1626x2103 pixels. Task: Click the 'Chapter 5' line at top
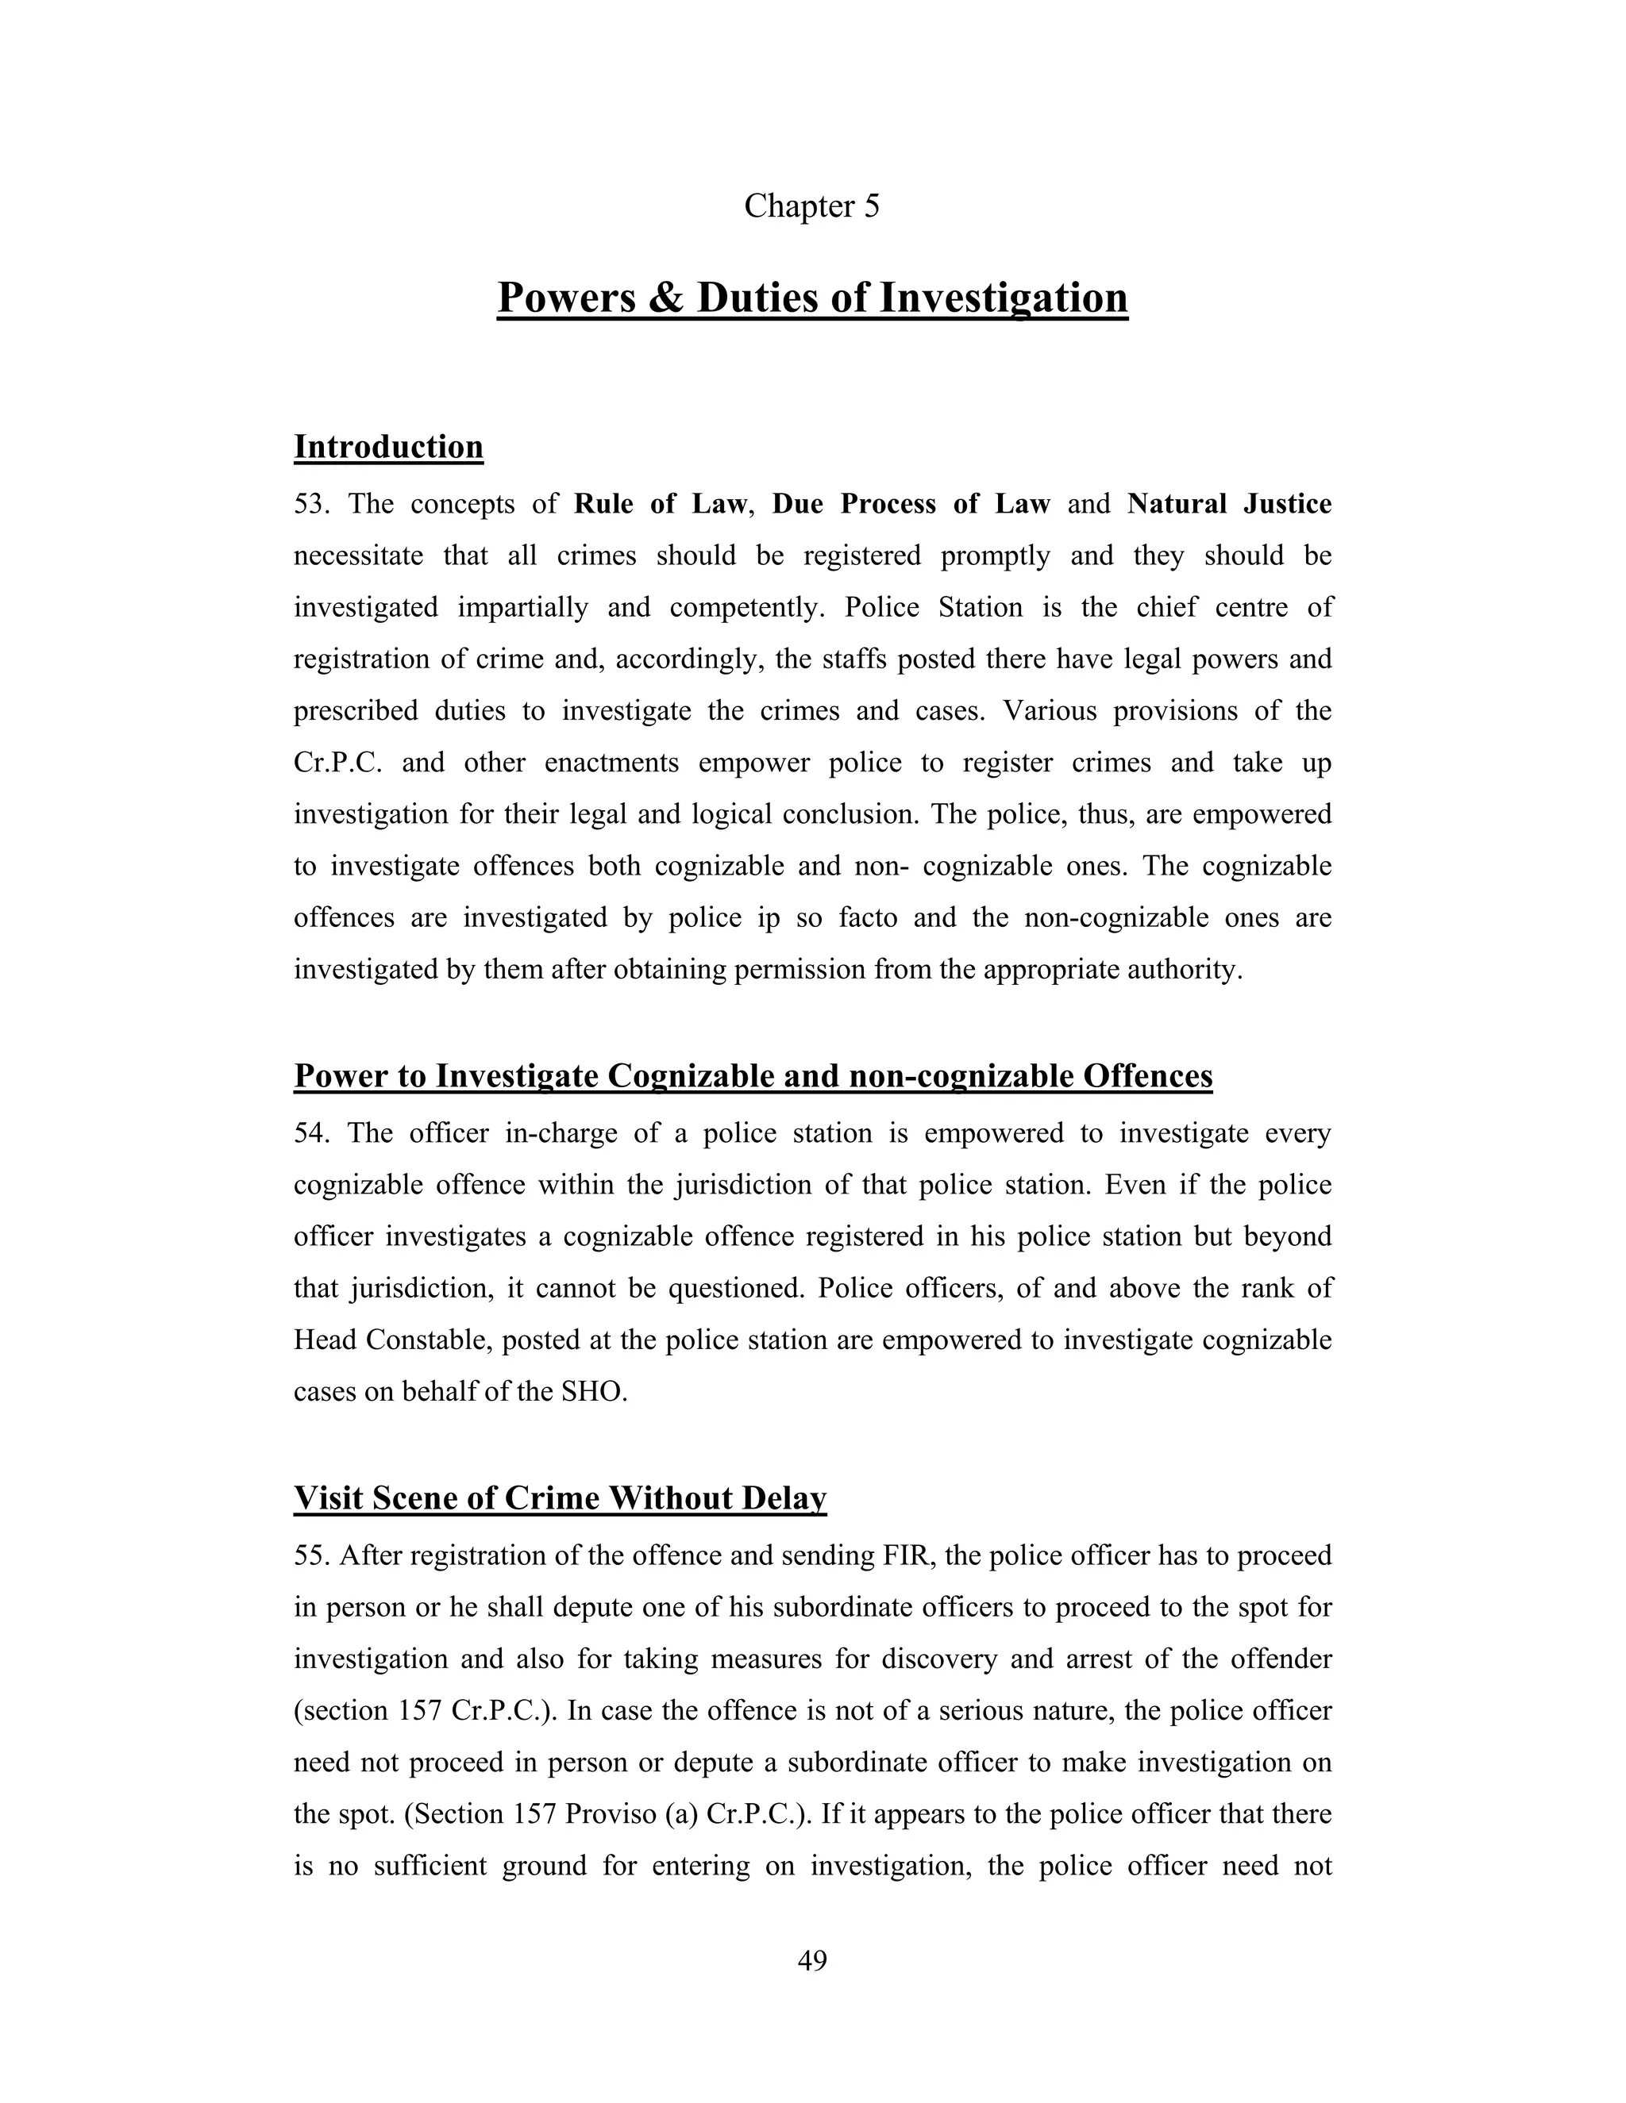tap(811, 206)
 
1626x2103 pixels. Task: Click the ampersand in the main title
tap(664, 298)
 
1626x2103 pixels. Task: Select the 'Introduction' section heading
tap(388, 447)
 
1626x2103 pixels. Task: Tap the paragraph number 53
tap(310, 504)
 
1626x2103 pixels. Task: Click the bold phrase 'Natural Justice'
tap(1229, 504)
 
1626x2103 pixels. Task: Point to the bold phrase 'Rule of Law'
tap(659, 504)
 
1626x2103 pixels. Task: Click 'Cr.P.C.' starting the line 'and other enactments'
tap(338, 763)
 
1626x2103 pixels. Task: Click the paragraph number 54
tap(310, 1132)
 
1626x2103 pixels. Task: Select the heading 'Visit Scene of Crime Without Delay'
tap(560, 1498)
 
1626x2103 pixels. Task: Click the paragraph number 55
tap(310, 1555)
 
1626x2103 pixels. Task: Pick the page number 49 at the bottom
tap(812, 1959)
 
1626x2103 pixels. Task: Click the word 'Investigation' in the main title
tap(1003, 298)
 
